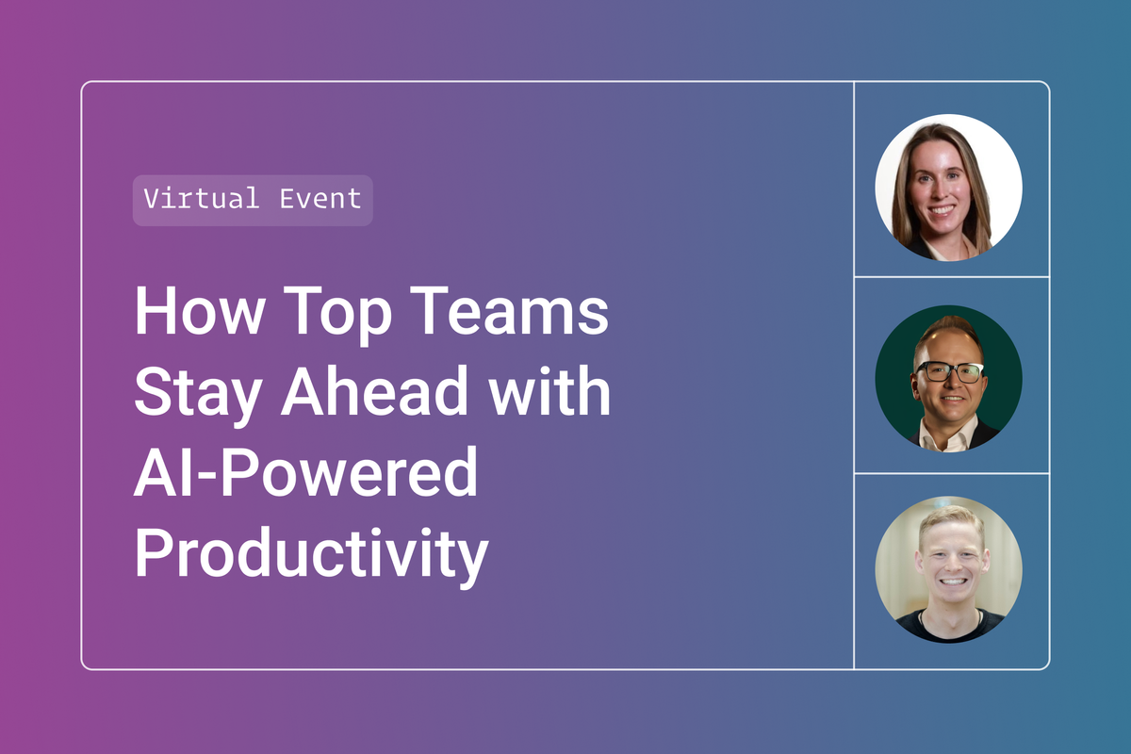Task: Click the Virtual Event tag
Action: [253, 200]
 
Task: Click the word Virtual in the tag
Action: [202, 199]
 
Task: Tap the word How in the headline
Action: [200, 310]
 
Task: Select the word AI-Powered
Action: [306, 471]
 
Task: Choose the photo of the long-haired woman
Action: [949, 188]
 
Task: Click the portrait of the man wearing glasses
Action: [949, 379]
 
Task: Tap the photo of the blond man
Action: [949, 569]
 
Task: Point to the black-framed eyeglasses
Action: [949, 372]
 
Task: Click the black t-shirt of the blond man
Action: [949, 628]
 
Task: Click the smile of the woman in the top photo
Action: [942, 209]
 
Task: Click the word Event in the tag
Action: [320, 199]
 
